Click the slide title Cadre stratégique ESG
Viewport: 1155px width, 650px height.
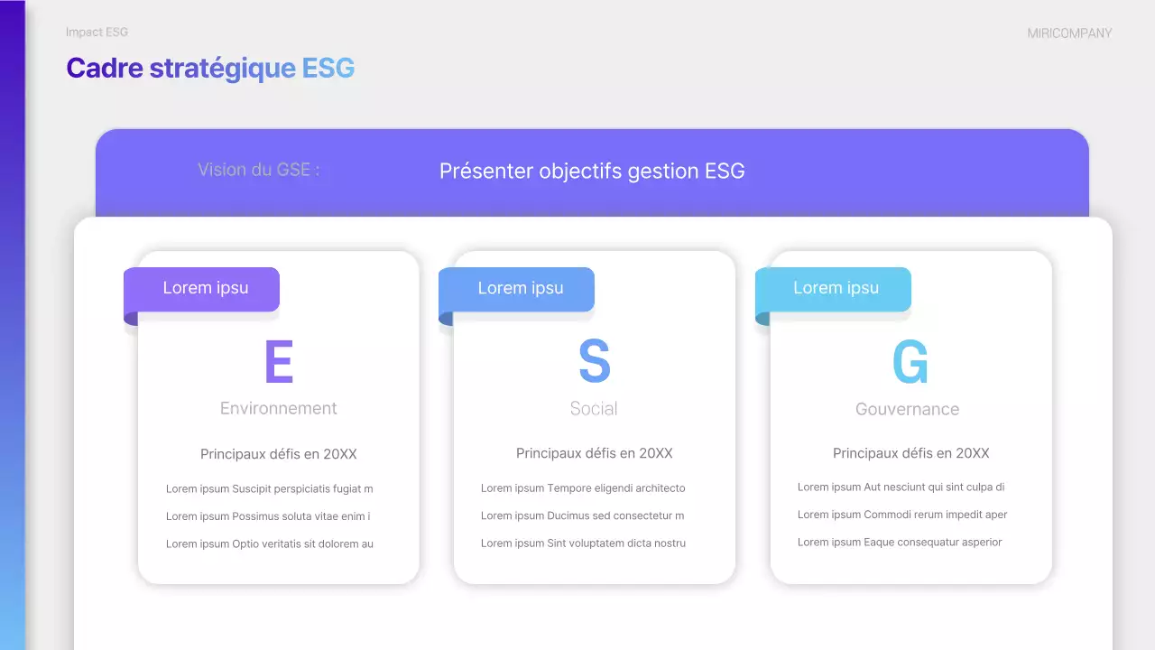tap(210, 69)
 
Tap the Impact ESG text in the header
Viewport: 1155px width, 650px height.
tap(97, 32)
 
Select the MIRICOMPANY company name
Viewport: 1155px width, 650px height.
tap(1069, 33)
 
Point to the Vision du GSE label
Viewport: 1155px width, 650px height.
tap(258, 170)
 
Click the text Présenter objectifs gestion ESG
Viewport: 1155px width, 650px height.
tap(592, 172)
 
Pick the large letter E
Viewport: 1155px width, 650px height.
tap(279, 362)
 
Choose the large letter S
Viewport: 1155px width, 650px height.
tap(594, 362)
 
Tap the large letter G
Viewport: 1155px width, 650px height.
tap(910, 362)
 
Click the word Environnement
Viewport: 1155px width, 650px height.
tap(278, 409)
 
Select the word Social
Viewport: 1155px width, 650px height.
tap(594, 409)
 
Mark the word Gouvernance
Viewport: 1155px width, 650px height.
tap(907, 410)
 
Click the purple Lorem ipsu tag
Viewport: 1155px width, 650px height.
tap(206, 288)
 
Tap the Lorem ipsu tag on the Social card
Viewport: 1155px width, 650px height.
tap(521, 288)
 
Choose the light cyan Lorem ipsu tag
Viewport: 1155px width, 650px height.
tap(836, 288)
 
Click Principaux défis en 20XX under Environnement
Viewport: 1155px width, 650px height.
tap(278, 454)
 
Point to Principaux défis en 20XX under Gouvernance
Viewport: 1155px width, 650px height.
tap(910, 453)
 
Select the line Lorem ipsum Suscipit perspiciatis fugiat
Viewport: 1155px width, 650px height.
tap(269, 489)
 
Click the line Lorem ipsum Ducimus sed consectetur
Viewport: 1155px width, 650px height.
tap(582, 516)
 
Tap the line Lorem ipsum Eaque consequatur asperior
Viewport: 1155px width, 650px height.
tap(900, 543)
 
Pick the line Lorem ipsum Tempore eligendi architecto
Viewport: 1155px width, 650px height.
tap(583, 488)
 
